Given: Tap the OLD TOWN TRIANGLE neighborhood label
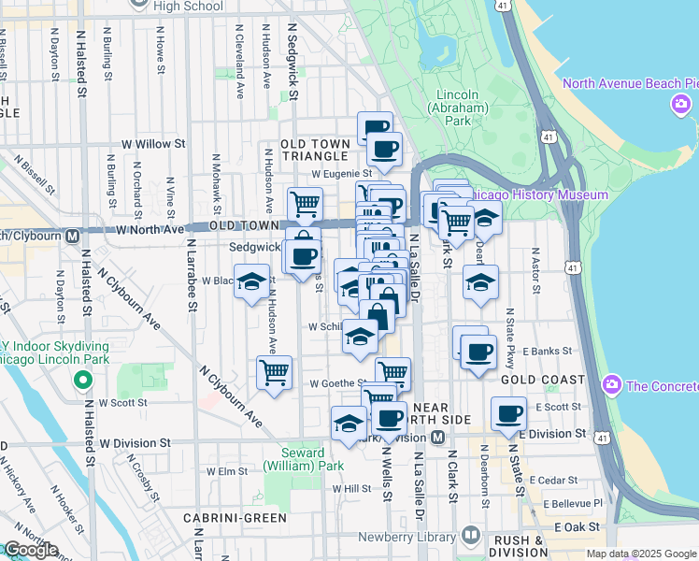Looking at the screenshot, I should tap(317, 150).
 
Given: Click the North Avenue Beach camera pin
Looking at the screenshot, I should tap(679, 106).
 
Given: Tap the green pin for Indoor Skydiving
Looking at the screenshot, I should tap(83, 381).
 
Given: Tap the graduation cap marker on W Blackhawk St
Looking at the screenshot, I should tap(251, 282).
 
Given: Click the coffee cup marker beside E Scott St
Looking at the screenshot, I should tap(509, 412).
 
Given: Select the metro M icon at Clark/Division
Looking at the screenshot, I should tap(437, 438).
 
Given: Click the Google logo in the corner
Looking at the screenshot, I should tap(30, 550).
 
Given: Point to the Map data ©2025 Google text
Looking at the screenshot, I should tap(641, 554).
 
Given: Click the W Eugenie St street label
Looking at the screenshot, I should tap(342, 173).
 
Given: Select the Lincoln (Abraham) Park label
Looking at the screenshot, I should tap(456, 108).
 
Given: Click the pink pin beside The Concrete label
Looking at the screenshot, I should tap(612, 384).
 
